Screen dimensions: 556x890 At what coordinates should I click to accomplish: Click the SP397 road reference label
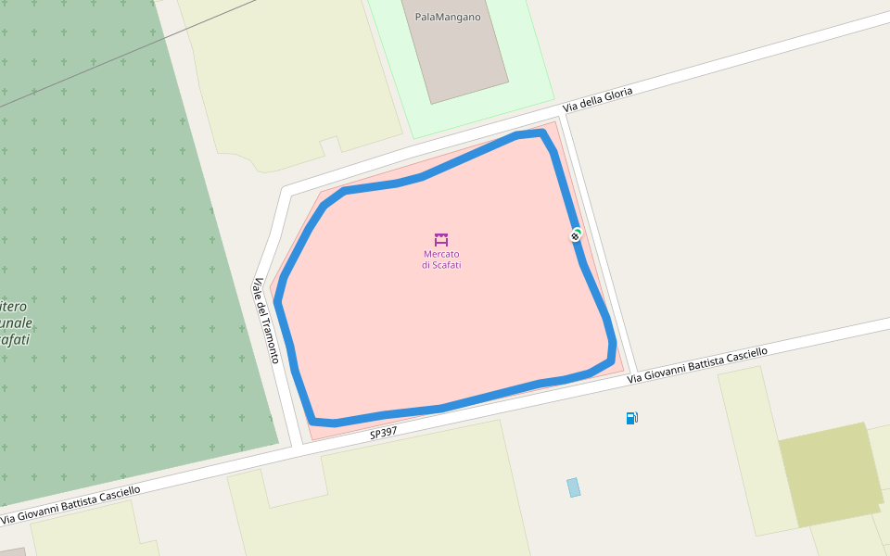tap(383, 433)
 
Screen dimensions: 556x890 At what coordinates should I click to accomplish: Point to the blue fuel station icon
tap(631, 418)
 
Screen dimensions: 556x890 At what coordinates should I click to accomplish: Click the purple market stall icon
tap(441, 239)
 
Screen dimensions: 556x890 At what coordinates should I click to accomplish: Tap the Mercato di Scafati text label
tap(441, 259)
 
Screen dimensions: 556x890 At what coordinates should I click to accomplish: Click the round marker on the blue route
tap(576, 235)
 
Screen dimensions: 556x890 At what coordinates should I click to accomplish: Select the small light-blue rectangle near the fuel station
tap(573, 487)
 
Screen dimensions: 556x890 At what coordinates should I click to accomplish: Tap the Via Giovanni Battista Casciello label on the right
tap(697, 366)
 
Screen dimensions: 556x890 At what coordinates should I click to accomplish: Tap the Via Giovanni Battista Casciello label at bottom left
tap(70, 505)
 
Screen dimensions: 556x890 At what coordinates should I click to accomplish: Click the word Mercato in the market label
tap(441, 254)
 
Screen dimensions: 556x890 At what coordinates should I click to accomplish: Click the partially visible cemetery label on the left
tap(16, 322)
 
